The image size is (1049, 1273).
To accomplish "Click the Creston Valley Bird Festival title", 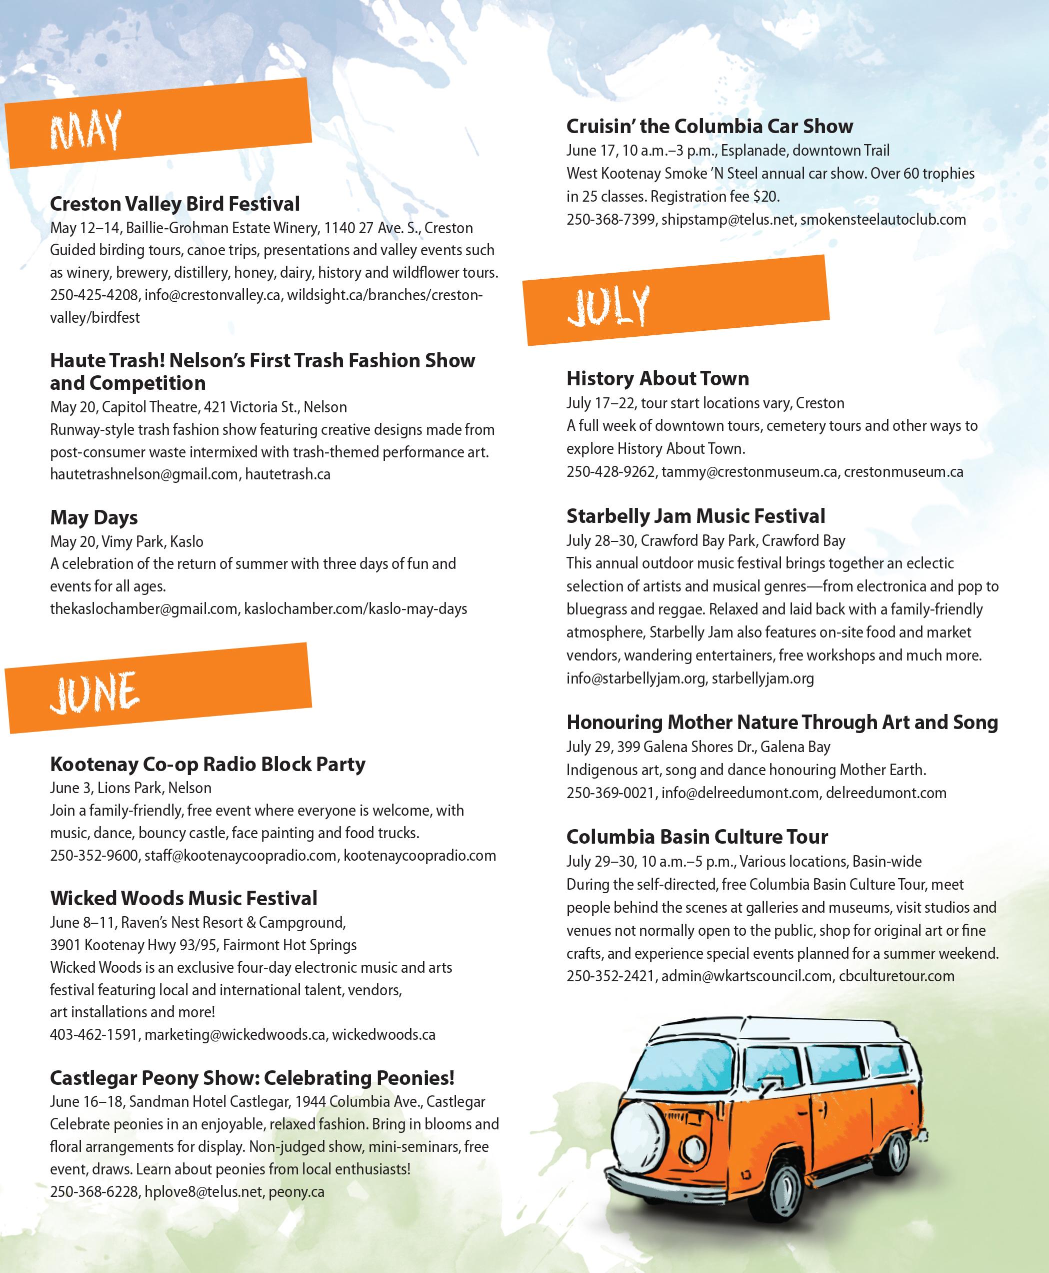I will [x=174, y=204].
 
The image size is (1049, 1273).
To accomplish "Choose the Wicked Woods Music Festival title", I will [x=183, y=898].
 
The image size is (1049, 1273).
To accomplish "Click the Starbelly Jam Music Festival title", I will [x=695, y=516].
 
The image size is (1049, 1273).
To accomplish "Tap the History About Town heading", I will [x=657, y=379].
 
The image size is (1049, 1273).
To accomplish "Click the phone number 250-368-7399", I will [x=610, y=220].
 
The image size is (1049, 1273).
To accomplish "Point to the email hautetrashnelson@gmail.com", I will [x=144, y=474].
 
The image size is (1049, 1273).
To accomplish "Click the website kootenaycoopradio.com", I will [x=419, y=856].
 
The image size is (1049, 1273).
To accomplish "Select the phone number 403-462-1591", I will [x=93, y=1035].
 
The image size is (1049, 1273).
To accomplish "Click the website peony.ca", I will [x=296, y=1192].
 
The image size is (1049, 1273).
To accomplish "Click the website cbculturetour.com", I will [x=896, y=976].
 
